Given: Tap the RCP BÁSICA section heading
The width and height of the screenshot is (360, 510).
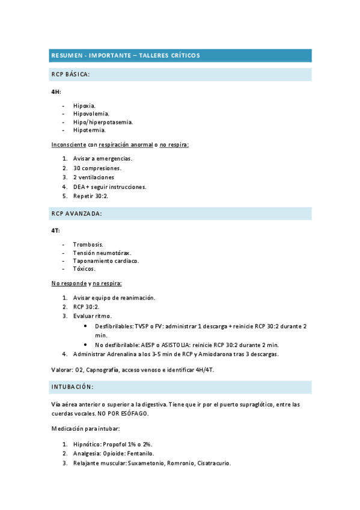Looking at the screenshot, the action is (70, 75).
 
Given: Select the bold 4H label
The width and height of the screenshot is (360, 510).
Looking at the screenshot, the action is (55, 91).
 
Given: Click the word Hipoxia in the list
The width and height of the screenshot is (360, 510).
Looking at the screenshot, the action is (84, 105).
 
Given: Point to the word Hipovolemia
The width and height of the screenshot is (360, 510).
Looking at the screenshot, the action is (91, 113).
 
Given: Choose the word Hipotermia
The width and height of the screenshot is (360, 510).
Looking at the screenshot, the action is (90, 129).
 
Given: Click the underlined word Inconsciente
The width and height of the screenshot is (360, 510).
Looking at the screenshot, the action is (69, 145).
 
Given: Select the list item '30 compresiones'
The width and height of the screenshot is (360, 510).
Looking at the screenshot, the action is (97, 168).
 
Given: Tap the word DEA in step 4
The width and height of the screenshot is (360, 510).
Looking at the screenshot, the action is (79, 186).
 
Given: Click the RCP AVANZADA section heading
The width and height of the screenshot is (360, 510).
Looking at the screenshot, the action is (76, 213).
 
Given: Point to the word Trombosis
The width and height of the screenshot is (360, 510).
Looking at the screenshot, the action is (88, 244).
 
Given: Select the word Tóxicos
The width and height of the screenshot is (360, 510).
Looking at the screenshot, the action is (84, 269).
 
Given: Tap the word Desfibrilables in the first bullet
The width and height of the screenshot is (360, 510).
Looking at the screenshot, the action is (114, 325).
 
